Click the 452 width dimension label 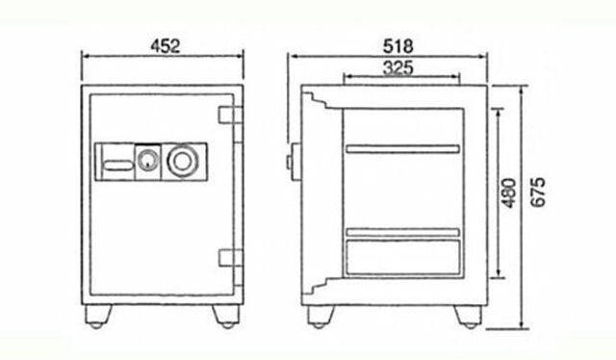click(x=166, y=46)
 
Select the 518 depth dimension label click(x=398, y=46)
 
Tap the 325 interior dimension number click(x=398, y=67)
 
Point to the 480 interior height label click(x=509, y=193)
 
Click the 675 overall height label click(x=538, y=193)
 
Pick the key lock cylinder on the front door click(x=147, y=162)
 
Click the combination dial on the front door click(x=182, y=161)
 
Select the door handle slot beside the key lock click(x=117, y=166)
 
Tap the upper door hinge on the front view click(x=230, y=116)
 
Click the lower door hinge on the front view click(x=230, y=258)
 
